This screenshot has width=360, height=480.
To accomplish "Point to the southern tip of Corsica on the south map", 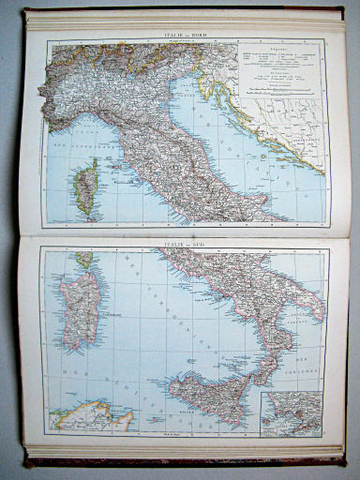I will (85, 258).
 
